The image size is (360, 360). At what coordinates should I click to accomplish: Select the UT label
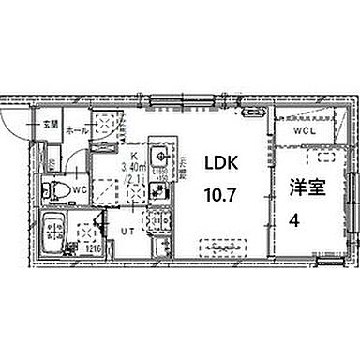123,229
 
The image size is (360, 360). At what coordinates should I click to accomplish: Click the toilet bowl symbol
56,192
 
